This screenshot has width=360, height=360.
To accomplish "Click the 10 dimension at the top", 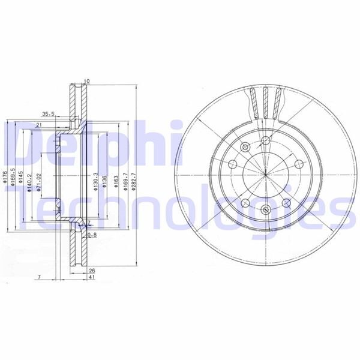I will click(86, 81).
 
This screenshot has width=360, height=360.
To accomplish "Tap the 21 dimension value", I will click(38, 124).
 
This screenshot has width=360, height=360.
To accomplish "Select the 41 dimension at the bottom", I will click(91, 278).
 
